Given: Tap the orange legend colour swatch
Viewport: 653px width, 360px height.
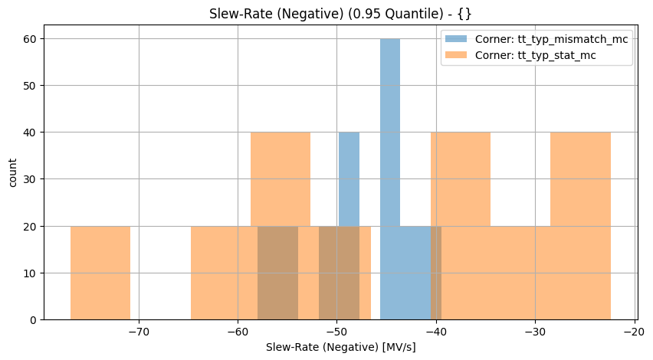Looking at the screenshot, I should pyautogui.click(x=458, y=56).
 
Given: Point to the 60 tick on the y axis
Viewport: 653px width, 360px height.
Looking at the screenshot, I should pyautogui.click(x=29, y=39).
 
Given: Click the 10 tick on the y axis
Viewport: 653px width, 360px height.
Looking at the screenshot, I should pyautogui.click(x=29, y=273).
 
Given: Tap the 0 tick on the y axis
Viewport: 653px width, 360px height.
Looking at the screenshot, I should pyautogui.click(x=32, y=320).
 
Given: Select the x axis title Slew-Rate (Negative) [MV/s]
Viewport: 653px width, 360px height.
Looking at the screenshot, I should pyautogui.click(x=340, y=348).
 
